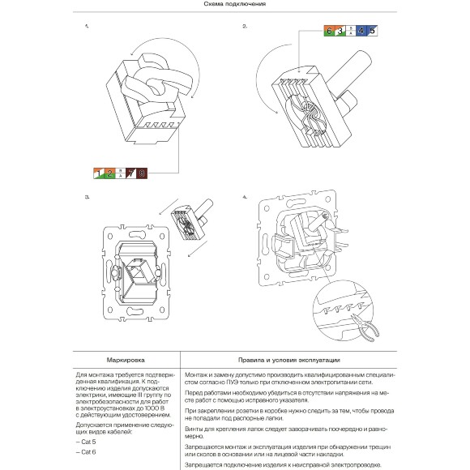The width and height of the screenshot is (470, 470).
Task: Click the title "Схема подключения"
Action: pyautogui.click(x=234, y=4)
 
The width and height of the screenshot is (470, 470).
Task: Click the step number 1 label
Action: pyautogui.click(x=87, y=27)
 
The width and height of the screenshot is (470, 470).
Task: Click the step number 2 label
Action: pyautogui.click(x=245, y=27)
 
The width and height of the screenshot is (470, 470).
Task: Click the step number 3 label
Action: pyautogui.click(x=87, y=197)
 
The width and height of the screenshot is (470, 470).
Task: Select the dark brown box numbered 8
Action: pyautogui.click(x=141, y=173)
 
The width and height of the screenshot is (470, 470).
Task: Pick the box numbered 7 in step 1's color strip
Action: pyautogui.click(x=130, y=173)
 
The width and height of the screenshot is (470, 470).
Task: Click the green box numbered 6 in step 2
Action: pyautogui.click(x=328, y=31)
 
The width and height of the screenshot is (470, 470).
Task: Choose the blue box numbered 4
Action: pyautogui.click(x=361, y=31)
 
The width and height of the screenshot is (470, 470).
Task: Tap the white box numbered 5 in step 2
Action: pyautogui.click(x=372, y=31)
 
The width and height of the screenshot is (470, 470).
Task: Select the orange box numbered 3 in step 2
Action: pyautogui.click(x=339, y=31)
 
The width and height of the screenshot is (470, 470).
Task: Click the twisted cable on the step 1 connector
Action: pyautogui.click(x=160, y=81)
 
